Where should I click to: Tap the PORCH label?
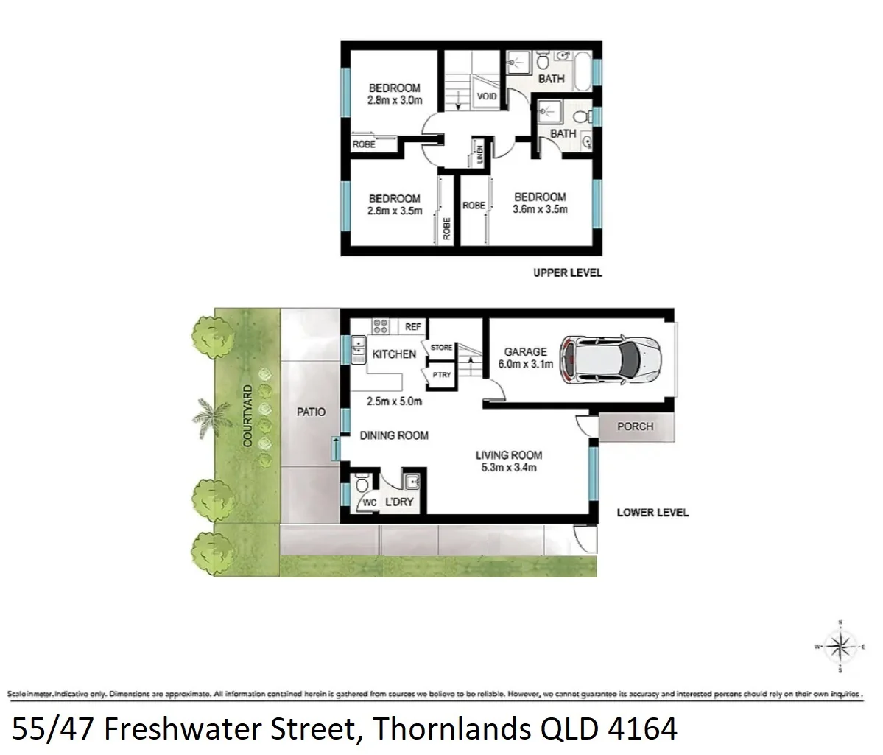635,426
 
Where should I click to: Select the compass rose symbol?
839,647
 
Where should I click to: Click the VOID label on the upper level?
487,96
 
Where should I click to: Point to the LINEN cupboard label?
479,155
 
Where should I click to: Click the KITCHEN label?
394,354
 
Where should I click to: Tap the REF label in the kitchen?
413,326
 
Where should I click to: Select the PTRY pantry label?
441,375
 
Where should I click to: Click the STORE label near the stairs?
441,347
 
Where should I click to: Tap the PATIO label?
312,412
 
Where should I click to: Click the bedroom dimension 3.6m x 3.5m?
540,209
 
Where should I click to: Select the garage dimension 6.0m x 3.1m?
525,364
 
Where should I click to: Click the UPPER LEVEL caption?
567,273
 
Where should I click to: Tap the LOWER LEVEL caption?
652,513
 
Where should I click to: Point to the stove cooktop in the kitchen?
381,326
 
